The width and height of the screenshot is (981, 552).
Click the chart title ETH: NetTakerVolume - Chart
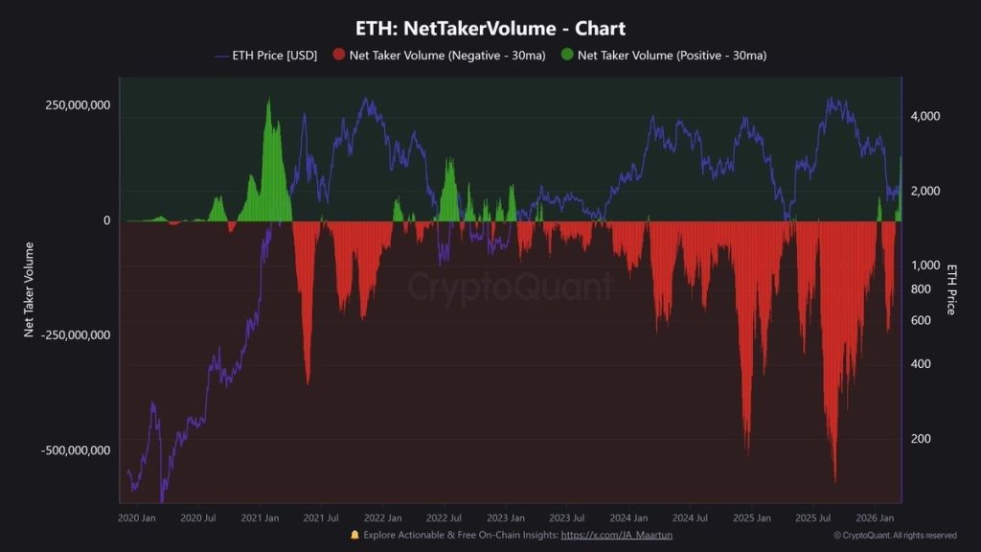tap(490, 29)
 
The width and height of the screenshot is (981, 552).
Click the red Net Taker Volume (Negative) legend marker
tap(338, 56)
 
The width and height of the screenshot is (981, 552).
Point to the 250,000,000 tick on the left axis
tap(78, 104)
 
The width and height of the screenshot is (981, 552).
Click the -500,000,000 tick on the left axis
tap(76, 450)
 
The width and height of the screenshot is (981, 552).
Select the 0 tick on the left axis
tap(106, 220)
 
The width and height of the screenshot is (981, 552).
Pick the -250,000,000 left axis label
tap(76, 335)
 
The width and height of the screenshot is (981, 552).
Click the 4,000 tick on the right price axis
tap(926, 116)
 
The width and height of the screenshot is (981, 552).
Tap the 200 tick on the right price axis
tap(921, 439)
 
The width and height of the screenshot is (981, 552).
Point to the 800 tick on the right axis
tap(921, 289)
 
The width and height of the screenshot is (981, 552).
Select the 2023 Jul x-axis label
tap(566, 517)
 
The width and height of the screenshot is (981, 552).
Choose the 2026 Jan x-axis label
tap(874, 517)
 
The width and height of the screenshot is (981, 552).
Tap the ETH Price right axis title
tap(951, 288)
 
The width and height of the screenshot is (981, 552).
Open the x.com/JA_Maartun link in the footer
tap(616, 535)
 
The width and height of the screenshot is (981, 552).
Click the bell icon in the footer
tap(355, 535)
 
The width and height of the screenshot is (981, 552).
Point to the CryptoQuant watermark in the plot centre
tap(509, 287)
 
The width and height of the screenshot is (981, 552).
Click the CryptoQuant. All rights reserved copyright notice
tap(895, 536)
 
